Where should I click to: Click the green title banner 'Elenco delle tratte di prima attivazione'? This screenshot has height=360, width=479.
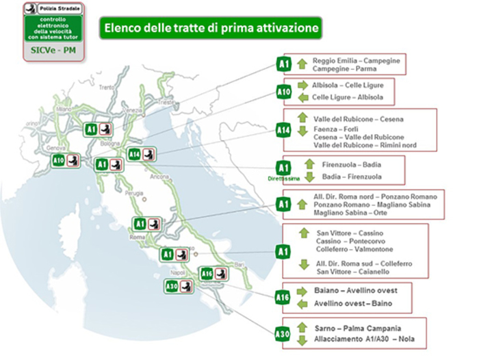211,28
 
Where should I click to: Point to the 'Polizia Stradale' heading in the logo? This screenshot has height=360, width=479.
60,8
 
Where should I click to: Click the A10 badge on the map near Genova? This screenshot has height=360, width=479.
59,161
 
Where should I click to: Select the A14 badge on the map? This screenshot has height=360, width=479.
135,155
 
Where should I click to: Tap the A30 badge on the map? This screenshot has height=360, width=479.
172,287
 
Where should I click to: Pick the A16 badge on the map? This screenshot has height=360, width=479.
207,274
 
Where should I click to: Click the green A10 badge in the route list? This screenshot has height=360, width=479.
284,92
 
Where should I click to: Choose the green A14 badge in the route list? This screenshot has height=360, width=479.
284,129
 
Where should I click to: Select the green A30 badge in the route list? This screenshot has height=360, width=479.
283,333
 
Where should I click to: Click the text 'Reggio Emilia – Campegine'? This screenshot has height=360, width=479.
356,61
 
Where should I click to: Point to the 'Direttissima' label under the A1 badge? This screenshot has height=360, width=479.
283,177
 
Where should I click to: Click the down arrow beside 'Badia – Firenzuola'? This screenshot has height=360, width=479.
309,176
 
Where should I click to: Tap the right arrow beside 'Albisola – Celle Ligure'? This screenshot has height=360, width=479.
303,85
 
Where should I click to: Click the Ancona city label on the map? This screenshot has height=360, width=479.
163,177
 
